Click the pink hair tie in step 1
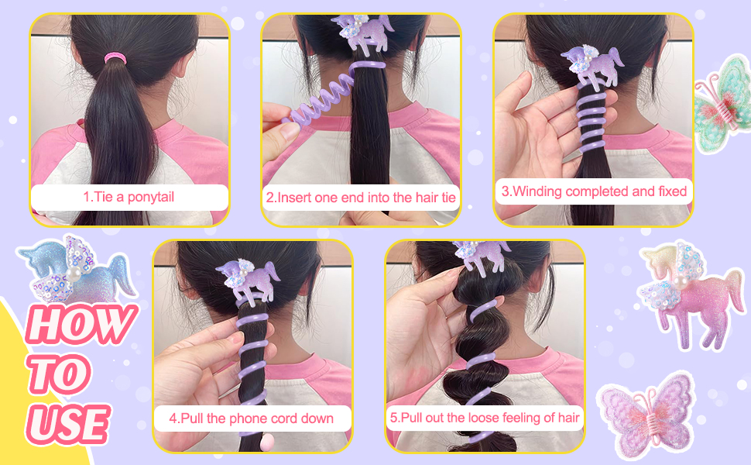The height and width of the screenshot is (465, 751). click(x=115, y=58)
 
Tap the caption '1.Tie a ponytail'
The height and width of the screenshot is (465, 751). click(x=129, y=197)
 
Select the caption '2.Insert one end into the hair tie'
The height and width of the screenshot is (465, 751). click(x=361, y=198)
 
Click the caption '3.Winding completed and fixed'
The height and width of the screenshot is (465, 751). click(x=594, y=191)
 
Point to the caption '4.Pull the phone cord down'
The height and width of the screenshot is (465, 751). click(x=251, y=418)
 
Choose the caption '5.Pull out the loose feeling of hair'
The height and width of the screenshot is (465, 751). click(x=485, y=418)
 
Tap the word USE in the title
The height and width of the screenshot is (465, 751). click(x=68, y=424)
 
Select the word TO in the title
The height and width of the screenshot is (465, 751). click(x=58, y=374)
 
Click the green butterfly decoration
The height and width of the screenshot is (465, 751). click(x=723, y=103)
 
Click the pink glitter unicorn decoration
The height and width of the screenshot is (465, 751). click(x=690, y=294)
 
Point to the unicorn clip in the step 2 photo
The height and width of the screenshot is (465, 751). click(x=362, y=32)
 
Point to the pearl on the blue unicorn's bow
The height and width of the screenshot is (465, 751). click(x=73, y=274)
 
